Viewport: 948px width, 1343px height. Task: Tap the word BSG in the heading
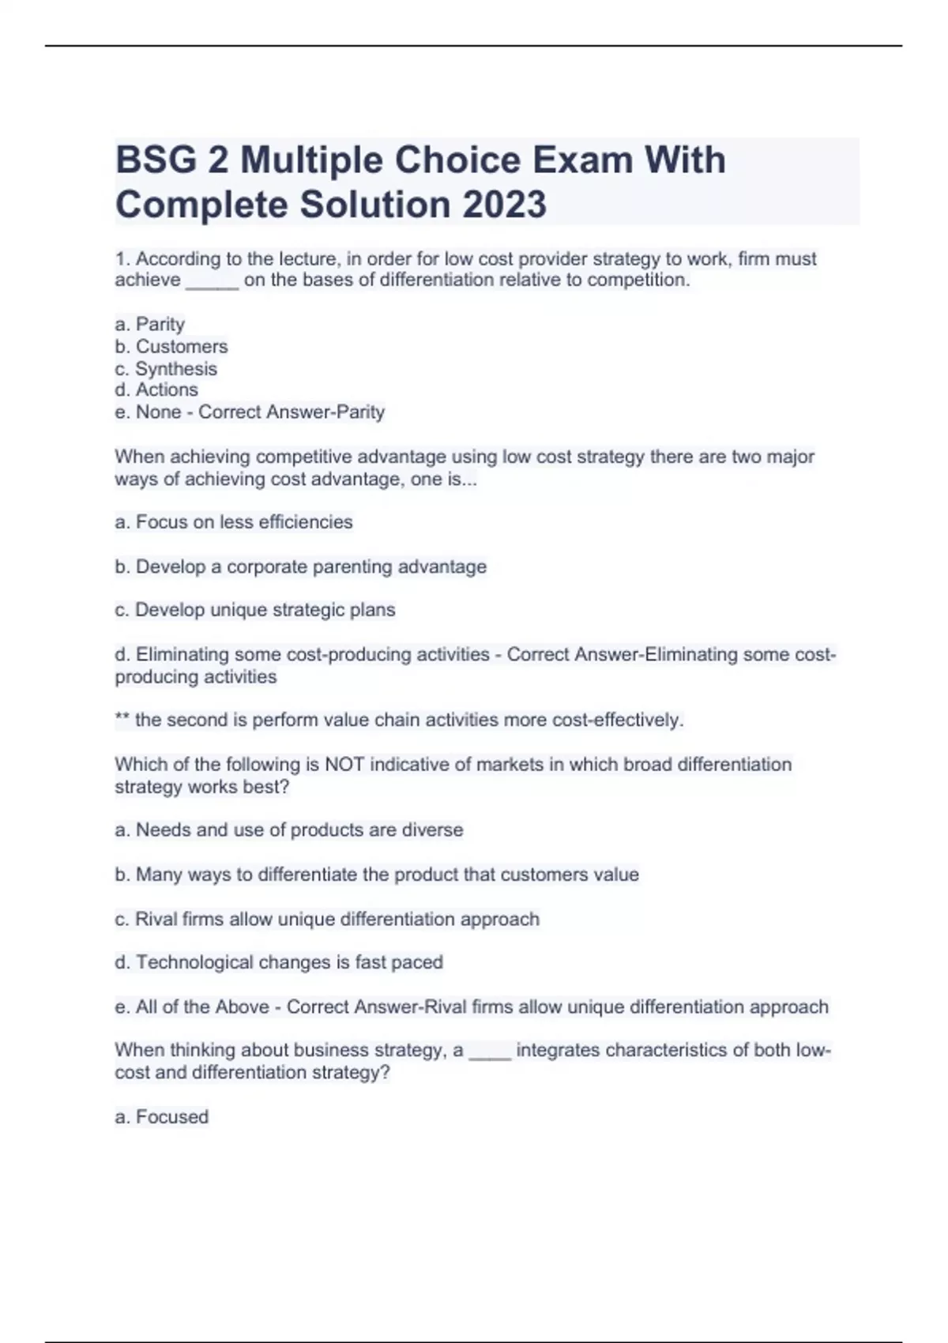[156, 160]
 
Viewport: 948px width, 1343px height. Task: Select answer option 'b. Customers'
[171, 347]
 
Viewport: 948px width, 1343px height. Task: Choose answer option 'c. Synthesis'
[165, 369]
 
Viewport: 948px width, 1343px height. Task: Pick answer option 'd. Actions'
[156, 390]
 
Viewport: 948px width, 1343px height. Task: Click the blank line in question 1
[212, 282]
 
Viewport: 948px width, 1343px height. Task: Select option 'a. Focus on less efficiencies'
[234, 522]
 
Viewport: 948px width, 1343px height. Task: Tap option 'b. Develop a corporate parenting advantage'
[300, 567]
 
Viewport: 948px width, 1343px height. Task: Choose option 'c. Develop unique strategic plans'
[254, 610]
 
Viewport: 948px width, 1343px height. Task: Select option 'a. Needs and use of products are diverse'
[289, 830]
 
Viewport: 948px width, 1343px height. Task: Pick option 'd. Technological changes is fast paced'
[278, 962]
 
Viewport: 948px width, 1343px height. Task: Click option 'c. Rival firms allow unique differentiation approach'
[327, 920]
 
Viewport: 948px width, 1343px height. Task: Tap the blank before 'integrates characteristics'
[490, 1052]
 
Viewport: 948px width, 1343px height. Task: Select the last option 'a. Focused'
[161, 1117]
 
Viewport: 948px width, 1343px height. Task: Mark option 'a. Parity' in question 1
[149, 325]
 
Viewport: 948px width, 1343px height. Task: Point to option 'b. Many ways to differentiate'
[376, 875]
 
